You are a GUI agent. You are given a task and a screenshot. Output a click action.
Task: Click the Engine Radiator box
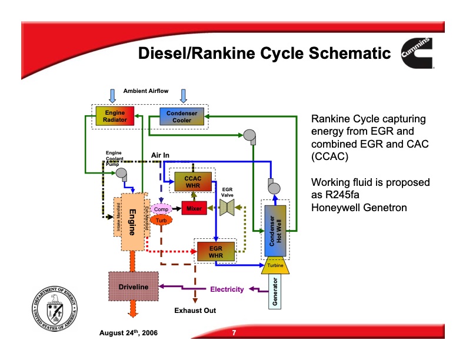click(115, 116)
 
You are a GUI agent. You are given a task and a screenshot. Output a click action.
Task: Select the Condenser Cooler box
click(182, 116)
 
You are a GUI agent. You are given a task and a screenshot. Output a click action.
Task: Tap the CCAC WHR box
click(192, 182)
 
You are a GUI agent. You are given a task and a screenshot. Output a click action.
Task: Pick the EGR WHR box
click(215, 251)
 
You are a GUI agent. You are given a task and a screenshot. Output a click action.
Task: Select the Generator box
click(275, 292)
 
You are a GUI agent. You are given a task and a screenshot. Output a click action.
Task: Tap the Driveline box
click(134, 286)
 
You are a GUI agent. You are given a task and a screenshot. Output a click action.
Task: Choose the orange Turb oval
click(161, 220)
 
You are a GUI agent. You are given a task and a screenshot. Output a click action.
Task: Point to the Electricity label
click(227, 289)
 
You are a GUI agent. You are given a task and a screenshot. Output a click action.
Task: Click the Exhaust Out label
click(195, 310)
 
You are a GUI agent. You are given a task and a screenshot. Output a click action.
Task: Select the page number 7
click(234, 334)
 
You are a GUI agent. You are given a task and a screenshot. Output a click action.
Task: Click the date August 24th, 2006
click(128, 334)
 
